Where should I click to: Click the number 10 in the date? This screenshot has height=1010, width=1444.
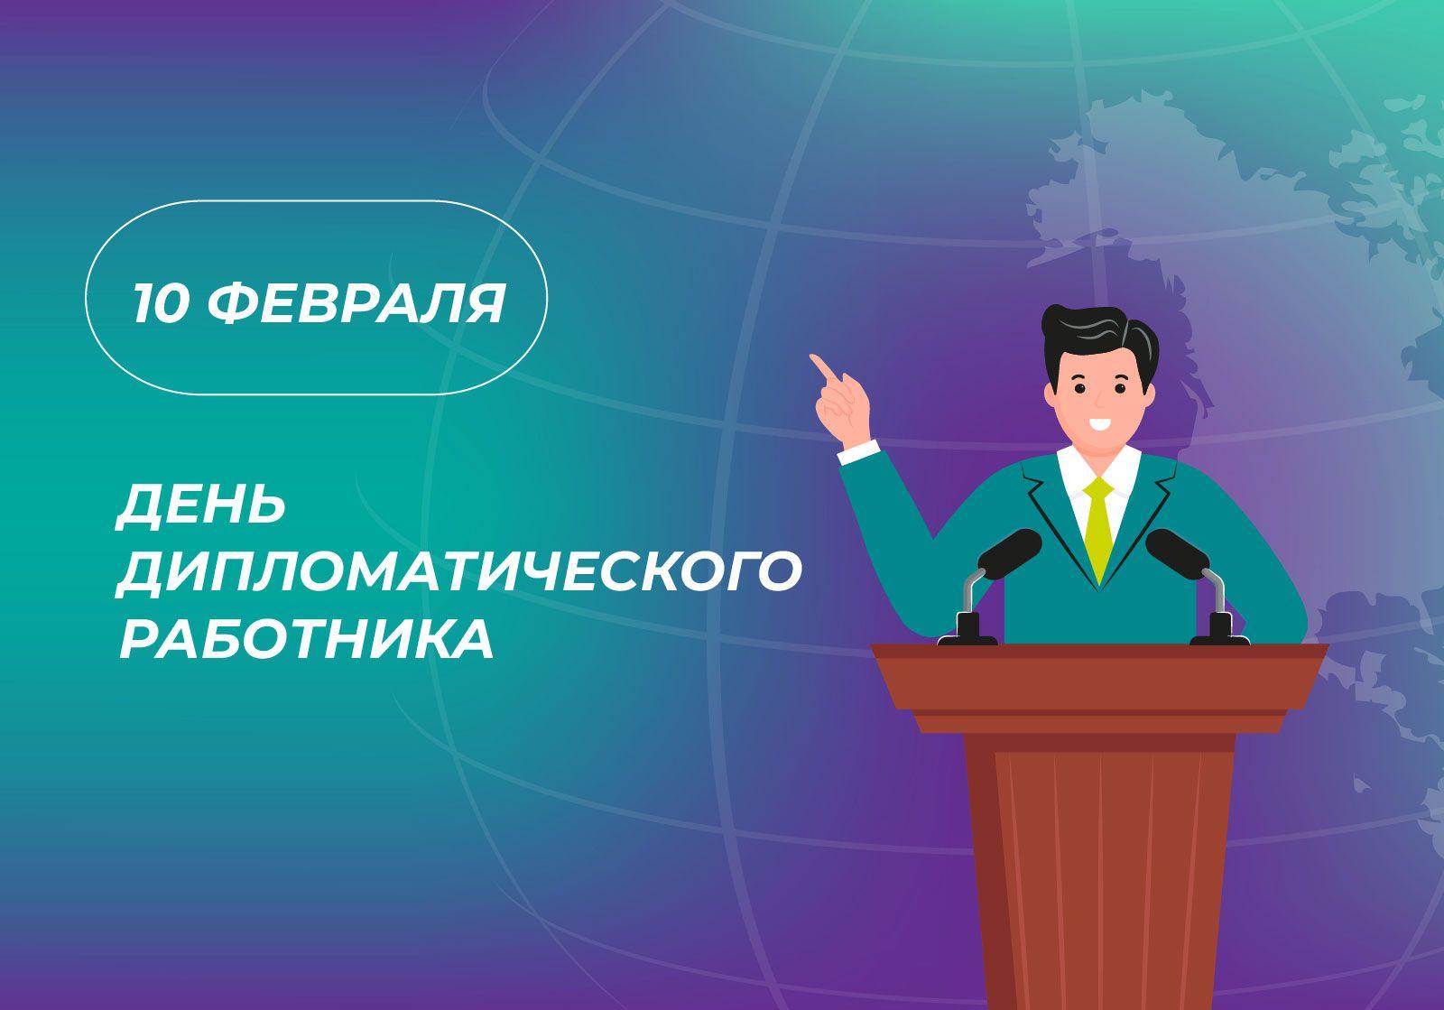point(161,303)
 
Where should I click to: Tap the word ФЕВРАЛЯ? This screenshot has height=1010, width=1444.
point(356,303)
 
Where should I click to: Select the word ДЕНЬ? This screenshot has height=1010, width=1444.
point(201,505)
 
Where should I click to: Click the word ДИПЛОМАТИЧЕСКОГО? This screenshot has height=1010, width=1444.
point(459,571)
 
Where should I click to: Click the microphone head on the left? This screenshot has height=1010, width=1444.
point(1010,553)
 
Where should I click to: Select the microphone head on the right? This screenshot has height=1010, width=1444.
point(1177,553)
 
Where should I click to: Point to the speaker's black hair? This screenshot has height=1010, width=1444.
point(1100,341)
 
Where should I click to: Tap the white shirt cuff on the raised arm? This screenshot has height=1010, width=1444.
point(859,452)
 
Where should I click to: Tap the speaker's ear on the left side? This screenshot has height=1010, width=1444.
point(1051,395)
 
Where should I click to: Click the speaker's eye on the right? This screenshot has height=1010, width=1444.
point(1120,389)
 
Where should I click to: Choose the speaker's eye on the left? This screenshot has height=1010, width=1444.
point(1078,389)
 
